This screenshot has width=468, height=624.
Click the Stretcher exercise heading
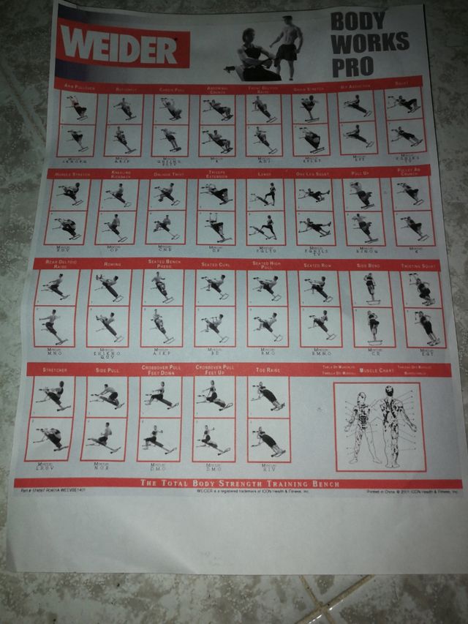54,371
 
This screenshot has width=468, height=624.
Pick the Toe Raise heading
268,370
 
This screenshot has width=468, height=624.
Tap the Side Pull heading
105,371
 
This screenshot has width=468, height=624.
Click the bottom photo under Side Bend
371,326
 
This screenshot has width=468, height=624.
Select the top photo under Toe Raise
268,396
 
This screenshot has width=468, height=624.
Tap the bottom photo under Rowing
109,325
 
